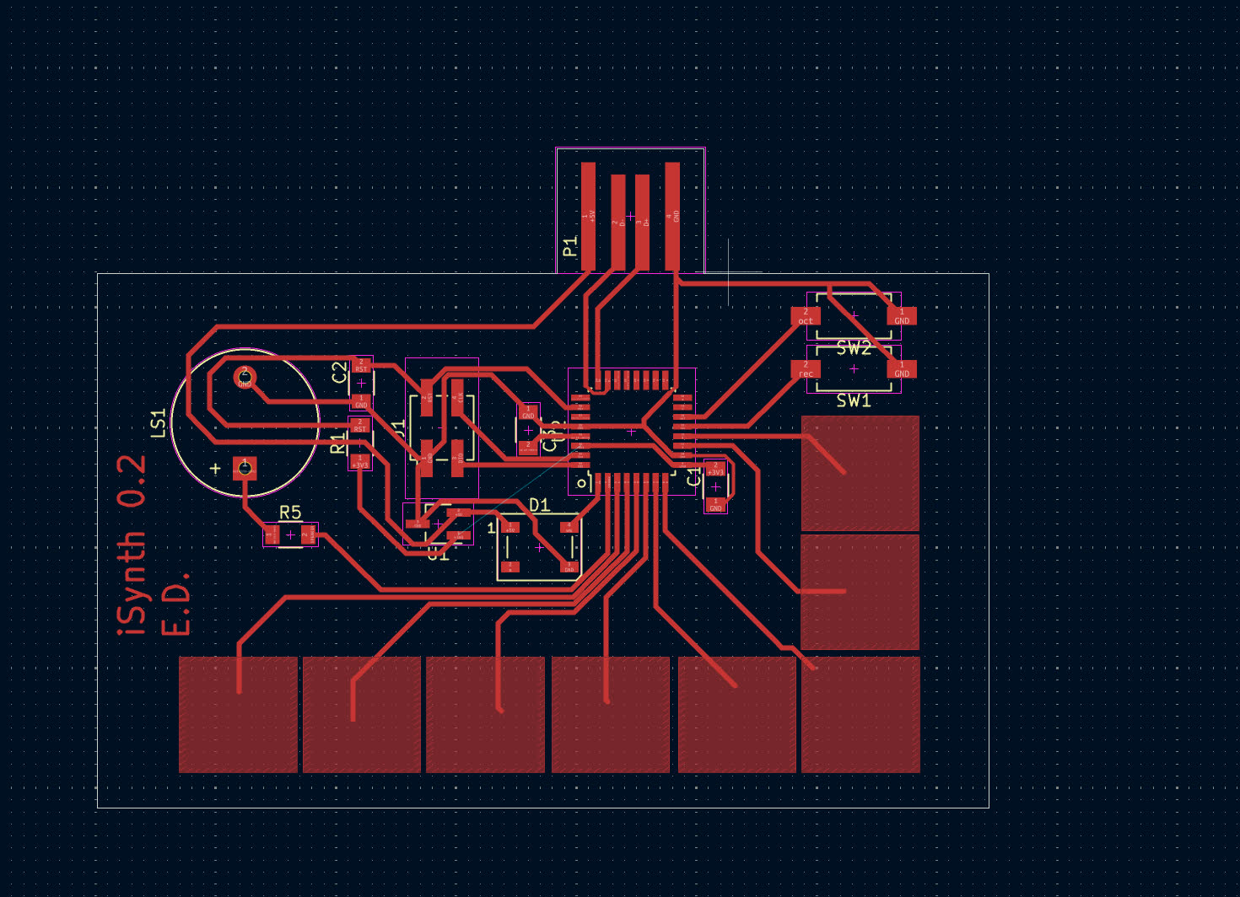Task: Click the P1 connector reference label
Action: point(570,246)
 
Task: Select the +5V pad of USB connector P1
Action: point(588,216)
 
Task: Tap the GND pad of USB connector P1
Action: point(672,216)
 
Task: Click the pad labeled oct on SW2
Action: point(806,316)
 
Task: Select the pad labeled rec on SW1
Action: point(806,369)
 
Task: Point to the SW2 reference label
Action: point(854,347)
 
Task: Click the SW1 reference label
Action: point(854,401)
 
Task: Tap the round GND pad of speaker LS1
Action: point(245,377)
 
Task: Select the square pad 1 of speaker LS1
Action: point(245,467)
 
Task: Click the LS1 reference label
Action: point(159,423)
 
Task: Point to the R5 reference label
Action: point(290,513)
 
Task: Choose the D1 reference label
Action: point(540,505)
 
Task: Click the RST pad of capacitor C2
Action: point(361,366)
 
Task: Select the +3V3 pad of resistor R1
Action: point(360,462)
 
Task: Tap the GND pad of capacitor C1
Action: point(715,505)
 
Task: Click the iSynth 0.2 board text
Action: point(132,545)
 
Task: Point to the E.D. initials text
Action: point(175,604)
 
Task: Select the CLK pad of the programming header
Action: point(457,392)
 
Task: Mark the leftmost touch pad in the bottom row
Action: point(238,715)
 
